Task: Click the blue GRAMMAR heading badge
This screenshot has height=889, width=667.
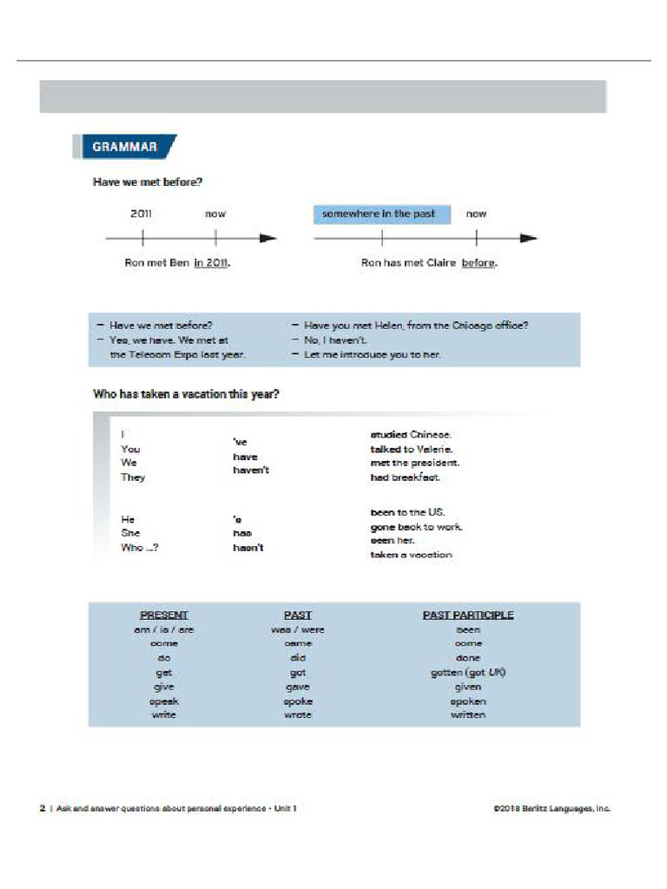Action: (x=125, y=147)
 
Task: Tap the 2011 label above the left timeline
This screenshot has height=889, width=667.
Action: (x=142, y=214)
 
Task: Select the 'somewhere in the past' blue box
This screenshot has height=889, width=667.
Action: (x=381, y=214)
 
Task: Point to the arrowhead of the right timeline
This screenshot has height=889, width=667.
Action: (x=528, y=238)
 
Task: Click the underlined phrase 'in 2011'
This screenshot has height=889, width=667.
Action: (x=211, y=263)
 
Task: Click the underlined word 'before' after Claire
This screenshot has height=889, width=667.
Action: (x=479, y=263)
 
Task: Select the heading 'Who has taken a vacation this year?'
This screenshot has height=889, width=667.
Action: (x=186, y=394)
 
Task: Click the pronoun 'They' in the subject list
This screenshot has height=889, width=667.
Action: (x=133, y=477)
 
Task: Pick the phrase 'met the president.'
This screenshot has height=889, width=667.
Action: (x=415, y=463)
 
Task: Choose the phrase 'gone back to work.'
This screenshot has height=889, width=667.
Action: (x=416, y=527)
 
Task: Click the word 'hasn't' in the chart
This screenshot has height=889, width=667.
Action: (x=248, y=548)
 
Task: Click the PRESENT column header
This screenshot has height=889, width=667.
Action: (x=164, y=615)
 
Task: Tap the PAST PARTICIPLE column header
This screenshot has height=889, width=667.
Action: (x=468, y=615)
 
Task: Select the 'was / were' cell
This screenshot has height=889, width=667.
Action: (x=298, y=629)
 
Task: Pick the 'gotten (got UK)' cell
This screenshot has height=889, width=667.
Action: (x=468, y=673)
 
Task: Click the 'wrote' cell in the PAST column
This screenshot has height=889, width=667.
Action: (x=298, y=714)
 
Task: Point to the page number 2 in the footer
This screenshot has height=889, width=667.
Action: (x=43, y=808)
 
